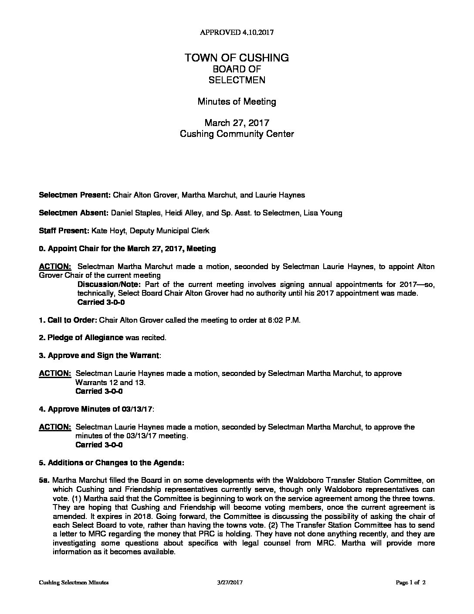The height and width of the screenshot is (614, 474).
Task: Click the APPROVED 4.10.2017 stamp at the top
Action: [x=237, y=32]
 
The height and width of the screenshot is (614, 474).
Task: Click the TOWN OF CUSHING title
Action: [x=237, y=58]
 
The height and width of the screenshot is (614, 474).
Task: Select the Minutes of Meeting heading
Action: [x=237, y=102]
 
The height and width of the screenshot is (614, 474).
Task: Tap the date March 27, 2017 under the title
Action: [x=237, y=123]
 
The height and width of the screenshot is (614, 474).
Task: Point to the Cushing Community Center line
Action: [x=237, y=133]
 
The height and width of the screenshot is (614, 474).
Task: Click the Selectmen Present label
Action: [x=75, y=195]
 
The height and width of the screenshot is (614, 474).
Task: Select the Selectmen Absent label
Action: [x=74, y=213]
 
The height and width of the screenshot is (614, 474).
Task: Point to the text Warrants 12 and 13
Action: [x=111, y=382]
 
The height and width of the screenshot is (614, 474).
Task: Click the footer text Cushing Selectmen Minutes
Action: [x=74, y=582]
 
